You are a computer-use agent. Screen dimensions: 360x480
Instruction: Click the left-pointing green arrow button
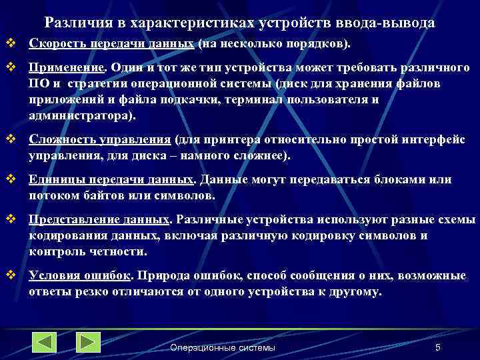pyautogui.click(x=45, y=342)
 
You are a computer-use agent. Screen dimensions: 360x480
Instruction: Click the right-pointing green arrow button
pyautogui.click(x=88, y=342)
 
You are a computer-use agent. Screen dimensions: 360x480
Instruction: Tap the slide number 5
pyautogui.click(x=437, y=347)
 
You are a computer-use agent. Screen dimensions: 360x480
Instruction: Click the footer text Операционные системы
pyautogui.click(x=223, y=348)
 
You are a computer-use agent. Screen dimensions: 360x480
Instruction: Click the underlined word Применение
pyautogui.click(x=67, y=69)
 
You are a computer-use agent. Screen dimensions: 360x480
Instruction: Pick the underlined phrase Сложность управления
pyautogui.click(x=100, y=141)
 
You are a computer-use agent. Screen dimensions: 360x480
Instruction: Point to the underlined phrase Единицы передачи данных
pyautogui.click(x=111, y=180)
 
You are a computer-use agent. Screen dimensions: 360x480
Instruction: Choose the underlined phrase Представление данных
pyautogui.click(x=99, y=220)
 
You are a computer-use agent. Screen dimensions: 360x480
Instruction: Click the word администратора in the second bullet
pyautogui.click(x=80, y=115)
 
